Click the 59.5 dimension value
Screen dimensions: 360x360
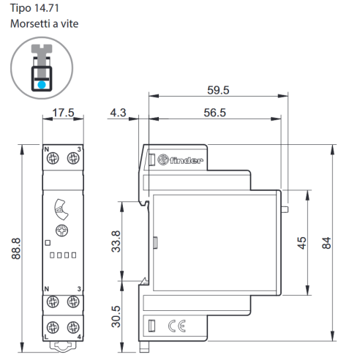[x=218, y=90]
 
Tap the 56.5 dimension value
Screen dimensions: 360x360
[x=214, y=113]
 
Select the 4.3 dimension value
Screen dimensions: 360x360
[x=118, y=113]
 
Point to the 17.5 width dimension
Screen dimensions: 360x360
[x=63, y=113]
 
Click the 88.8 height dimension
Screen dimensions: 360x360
[x=16, y=249]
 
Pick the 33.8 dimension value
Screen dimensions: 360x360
[x=116, y=241]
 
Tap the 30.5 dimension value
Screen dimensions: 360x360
[x=116, y=316]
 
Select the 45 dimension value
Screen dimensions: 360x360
[x=301, y=243]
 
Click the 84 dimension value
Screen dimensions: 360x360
[x=326, y=243]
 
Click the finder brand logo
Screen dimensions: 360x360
[x=180, y=160]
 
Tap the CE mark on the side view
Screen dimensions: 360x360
[x=177, y=326]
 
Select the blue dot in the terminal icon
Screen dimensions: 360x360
[x=42, y=85]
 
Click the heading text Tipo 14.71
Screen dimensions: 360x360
[x=34, y=8]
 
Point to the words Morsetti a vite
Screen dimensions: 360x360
[x=45, y=23]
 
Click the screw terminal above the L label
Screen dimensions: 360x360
[x=53, y=327]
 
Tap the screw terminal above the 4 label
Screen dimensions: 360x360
[x=73, y=327]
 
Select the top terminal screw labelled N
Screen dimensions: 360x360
[x=53, y=159]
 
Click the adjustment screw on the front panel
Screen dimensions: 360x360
[x=61, y=230]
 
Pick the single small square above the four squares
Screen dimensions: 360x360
[x=48, y=243]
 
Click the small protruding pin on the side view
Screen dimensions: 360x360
[x=285, y=209]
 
